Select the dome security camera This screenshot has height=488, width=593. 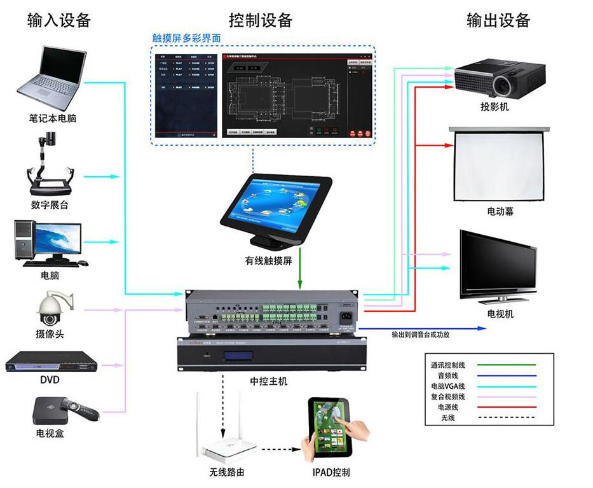(x=50, y=310)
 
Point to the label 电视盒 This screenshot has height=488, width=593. (x=50, y=433)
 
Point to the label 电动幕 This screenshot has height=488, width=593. (x=500, y=211)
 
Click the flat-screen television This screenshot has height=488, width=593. (x=499, y=265)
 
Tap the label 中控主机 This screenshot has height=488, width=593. (x=268, y=381)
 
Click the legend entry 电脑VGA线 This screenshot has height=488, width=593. (x=447, y=386)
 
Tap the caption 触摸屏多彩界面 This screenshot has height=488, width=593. (x=186, y=38)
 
